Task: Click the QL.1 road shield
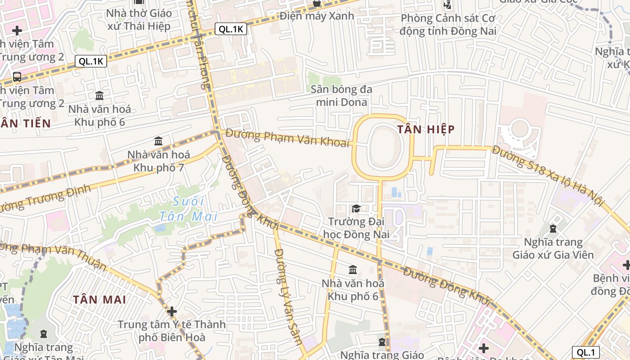[x=586, y=352]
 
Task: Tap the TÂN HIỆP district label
[x=426, y=130]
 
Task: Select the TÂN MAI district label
[x=100, y=299]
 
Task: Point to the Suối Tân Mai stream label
[x=189, y=209]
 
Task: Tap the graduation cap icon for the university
[x=356, y=209]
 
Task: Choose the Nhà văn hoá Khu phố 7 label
[x=158, y=161]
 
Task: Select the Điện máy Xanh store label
[x=317, y=16]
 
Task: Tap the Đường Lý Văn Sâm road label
[x=288, y=297]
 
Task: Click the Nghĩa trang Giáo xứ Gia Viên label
[x=553, y=248]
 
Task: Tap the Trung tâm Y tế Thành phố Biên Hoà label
[x=171, y=331]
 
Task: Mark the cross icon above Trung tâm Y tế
[x=171, y=311]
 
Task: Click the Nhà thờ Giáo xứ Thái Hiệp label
[x=139, y=19]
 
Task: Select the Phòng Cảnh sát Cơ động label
[x=448, y=25]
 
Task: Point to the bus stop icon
[x=17, y=76]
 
